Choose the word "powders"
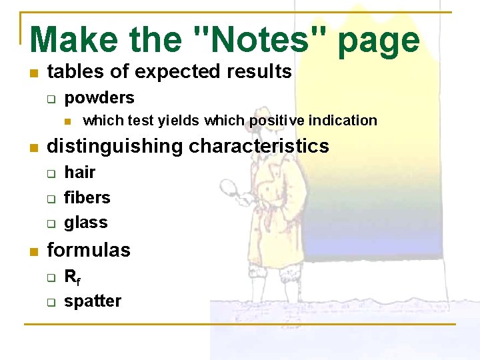(x=99, y=98)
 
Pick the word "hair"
(x=80, y=173)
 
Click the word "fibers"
(x=87, y=197)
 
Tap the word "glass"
(x=86, y=222)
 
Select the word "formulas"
(x=89, y=251)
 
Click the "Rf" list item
(x=71, y=277)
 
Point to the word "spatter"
(x=93, y=301)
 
